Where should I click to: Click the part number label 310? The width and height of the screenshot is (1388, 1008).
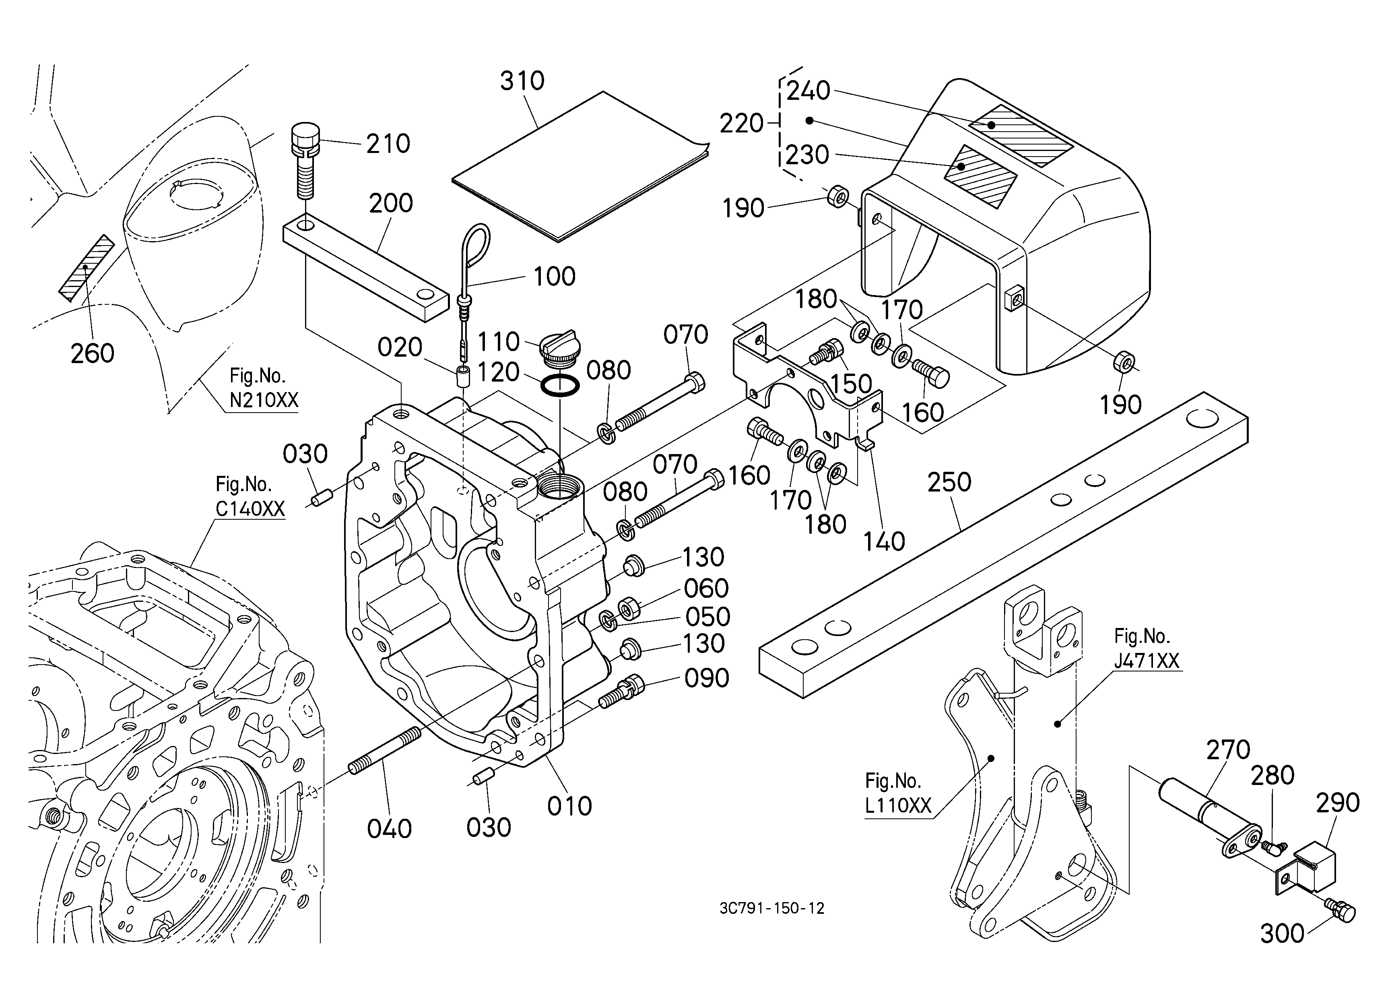coord(522,81)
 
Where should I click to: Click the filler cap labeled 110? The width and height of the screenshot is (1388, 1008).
coord(557,348)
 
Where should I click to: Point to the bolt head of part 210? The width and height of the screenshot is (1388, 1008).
coord(304,139)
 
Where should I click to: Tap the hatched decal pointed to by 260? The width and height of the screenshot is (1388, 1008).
coord(86,268)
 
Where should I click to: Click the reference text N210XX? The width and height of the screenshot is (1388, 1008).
coord(264,400)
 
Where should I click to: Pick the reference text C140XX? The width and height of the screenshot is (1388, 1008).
coord(250,509)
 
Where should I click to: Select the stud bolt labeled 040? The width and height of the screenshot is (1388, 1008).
coord(385,751)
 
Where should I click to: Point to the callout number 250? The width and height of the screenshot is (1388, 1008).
coord(949,483)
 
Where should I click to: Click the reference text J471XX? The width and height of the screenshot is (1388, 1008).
coord(1146,661)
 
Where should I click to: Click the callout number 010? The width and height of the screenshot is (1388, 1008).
coord(569,807)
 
